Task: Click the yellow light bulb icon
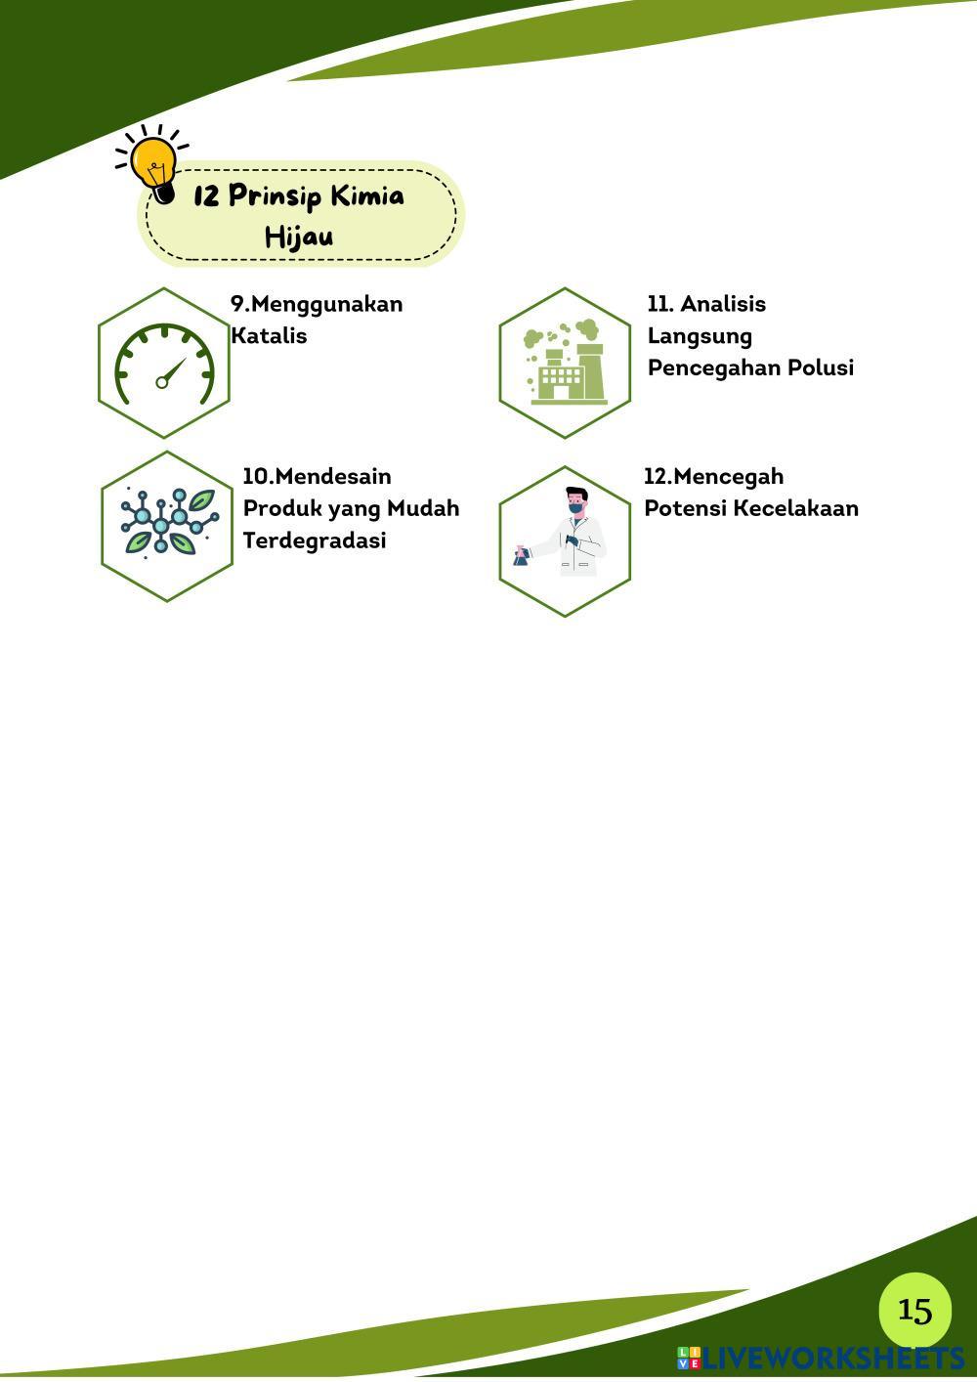(153, 164)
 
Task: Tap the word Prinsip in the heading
(276, 196)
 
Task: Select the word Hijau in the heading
(299, 237)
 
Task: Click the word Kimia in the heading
(367, 195)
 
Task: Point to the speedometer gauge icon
(164, 364)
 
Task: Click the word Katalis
(269, 336)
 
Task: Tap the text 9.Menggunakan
(317, 304)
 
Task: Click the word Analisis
(723, 304)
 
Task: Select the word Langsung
(701, 337)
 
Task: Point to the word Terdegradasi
(315, 540)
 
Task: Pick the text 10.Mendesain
(317, 476)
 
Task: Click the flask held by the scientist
(521, 556)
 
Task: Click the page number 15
(914, 1310)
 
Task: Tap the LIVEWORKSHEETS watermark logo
(821, 1358)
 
